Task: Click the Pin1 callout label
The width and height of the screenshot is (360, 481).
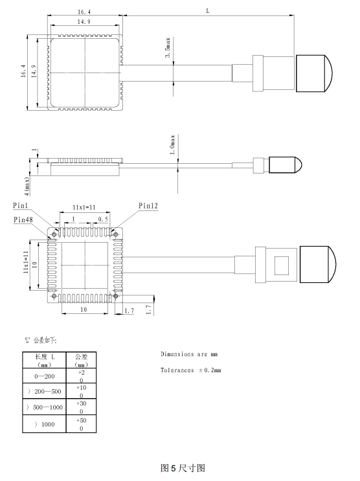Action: point(20,205)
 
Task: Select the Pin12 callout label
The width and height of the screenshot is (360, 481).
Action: point(148,206)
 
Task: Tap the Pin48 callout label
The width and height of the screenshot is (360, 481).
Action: point(23,219)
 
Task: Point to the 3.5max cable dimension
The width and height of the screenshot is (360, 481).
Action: point(168,47)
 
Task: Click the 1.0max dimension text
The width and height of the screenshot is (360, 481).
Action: point(173,144)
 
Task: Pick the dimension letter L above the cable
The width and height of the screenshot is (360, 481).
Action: point(208,11)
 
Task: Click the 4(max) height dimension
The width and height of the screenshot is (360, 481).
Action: point(27,186)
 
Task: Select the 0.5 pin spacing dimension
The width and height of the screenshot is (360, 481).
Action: point(103,219)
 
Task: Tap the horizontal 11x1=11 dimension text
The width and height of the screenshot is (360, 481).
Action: point(84,207)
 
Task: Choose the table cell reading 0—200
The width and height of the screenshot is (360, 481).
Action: point(45,376)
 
